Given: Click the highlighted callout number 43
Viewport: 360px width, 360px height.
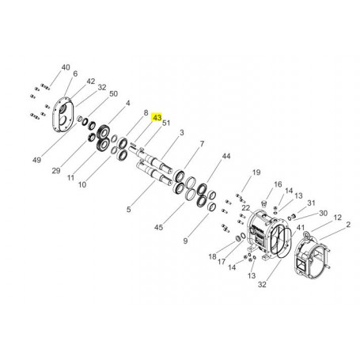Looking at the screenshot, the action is pyautogui.click(x=157, y=118).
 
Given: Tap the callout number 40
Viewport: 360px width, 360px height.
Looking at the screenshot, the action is pyautogui.click(x=66, y=67).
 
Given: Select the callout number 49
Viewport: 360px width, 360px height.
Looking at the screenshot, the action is pyautogui.click(x=37, y=160).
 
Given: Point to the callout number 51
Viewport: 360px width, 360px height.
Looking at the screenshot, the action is pyautogui.click(x=166, y=123).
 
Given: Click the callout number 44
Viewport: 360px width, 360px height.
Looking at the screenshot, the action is pyautogui.click(x=226, y=156).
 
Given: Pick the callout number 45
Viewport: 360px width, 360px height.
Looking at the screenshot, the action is pyautogui.click(x=158, y=227).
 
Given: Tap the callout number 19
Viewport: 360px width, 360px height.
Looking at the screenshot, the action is pyautogui.click(x=256, y=172).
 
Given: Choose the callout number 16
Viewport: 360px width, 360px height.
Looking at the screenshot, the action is pyautogui.click(x=278, y=184).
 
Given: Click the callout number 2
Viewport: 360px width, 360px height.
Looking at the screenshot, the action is pyautogui.click(x=348, y=225).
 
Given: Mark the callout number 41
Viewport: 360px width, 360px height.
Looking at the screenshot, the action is pyautogui.click(x=301, y=227).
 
